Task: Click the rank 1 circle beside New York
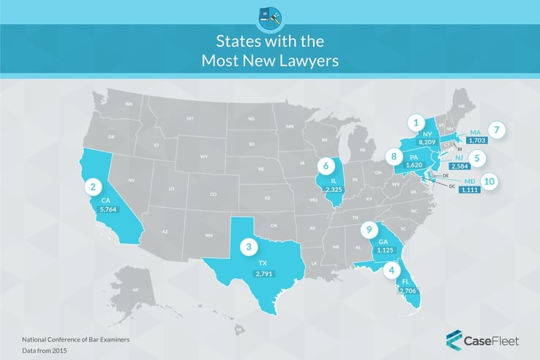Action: coord(416,122)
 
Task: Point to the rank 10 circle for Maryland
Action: coord(487,180)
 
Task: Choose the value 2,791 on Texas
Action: coord(263,274)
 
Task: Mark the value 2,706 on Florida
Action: coord(407,290)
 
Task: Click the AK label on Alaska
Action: coord(114,290)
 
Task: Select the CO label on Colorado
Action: coord(213,195)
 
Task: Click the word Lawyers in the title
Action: coord(303,61)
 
